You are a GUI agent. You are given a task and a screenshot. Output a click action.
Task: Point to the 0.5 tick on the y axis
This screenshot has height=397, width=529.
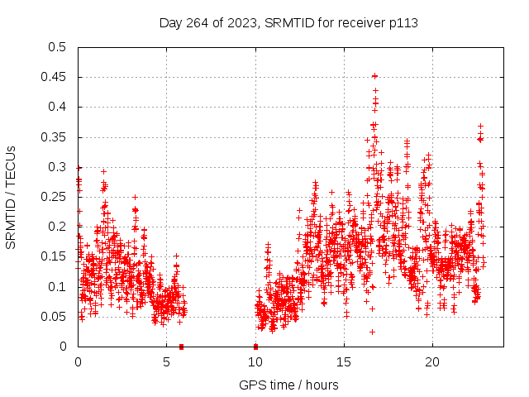(x=59, y=47)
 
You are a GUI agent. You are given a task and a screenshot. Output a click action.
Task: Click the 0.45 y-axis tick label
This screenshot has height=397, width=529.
(x=55, y=77)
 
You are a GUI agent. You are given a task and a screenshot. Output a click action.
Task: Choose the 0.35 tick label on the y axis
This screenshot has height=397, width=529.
(x=55, y=137)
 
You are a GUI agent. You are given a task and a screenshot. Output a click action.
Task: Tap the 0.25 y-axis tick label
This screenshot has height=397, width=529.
(x=55, y=197)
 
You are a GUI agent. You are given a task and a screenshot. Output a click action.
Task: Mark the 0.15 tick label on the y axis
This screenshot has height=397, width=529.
(x=55, y=256)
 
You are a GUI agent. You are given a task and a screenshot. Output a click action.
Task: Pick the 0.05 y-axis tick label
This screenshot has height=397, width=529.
(x=55, y=317)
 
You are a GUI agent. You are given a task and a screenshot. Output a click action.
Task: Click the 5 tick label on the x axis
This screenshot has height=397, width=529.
(x=166, y=361)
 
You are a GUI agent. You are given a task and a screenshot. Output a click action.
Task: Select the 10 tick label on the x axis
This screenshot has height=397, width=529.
(x=255, y=361)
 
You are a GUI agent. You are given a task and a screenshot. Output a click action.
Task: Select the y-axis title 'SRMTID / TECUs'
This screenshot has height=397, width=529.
(x=12, y=197)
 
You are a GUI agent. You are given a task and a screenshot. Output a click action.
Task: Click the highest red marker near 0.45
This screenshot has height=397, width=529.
(x=374, y=76)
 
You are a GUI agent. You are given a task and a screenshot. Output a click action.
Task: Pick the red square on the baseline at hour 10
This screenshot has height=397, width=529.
(x=255, y=347)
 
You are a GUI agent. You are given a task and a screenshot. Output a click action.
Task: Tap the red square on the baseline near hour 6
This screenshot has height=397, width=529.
(x=181, y=347)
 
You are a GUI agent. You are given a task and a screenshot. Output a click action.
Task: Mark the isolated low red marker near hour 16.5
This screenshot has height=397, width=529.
(x=372, y=332)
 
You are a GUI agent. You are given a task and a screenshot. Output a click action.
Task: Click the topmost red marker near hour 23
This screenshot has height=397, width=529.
(x=480, y=127)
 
